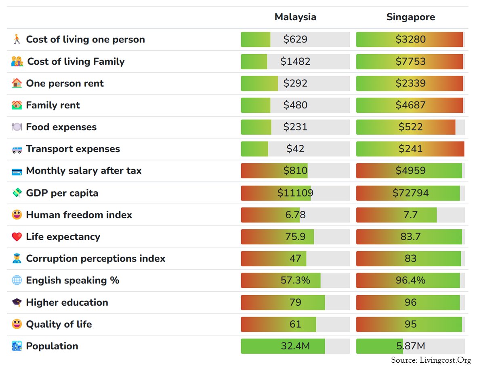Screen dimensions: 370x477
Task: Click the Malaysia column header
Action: (295, 17)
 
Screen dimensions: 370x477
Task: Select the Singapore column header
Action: (410, 17)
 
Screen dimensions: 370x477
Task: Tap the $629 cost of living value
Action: (295, 39)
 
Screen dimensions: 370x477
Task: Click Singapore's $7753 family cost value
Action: (410, 61)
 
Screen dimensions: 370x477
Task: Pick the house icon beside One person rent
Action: (17, 83)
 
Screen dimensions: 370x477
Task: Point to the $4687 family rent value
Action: (410, 105)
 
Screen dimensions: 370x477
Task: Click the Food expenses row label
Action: (61, 127)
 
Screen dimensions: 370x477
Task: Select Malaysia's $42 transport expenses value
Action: (295, 149)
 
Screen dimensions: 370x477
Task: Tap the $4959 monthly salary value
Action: (410, 171)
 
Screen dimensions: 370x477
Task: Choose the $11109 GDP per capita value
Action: (295, 193)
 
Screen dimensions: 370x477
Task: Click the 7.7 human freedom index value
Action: (410, 215)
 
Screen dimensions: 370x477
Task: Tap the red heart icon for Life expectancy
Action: (17, 237)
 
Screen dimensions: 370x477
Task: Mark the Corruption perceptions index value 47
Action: (295, 258)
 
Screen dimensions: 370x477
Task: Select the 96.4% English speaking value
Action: (410, 280)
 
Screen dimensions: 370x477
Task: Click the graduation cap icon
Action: (17, 302)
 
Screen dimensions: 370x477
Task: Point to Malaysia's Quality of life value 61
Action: (295, 324)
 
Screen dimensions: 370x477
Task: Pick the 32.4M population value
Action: (295, 346)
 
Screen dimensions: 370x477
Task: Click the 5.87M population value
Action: (410, 346)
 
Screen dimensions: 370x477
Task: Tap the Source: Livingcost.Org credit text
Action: (431, 360)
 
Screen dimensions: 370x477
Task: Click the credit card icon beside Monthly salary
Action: (17, 171)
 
